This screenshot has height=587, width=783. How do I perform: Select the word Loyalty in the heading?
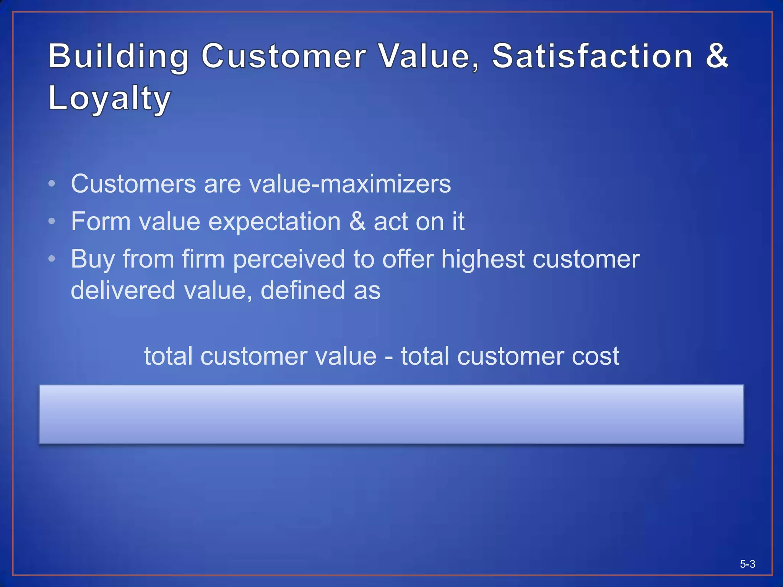109,98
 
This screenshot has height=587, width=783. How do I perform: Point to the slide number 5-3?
747,564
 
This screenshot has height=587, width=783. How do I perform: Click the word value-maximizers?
350,184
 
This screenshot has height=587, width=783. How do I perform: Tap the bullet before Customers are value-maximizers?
52,184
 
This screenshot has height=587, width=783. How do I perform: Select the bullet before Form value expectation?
52,221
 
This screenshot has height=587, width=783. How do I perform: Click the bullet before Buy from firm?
52,259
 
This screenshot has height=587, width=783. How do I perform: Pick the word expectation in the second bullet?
275,222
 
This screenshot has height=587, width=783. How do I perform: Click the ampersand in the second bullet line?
357,221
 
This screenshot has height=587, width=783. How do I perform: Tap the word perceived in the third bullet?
289,259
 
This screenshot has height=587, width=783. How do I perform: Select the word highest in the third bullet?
483,259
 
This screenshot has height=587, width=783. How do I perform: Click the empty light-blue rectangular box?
391,414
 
